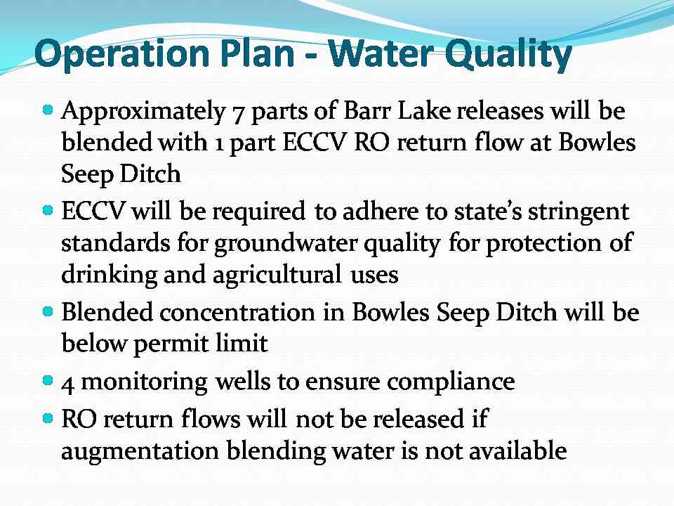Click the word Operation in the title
121,54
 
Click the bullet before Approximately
48,110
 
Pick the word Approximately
143,112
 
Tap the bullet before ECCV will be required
48,211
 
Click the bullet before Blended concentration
48,311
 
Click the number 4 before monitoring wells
67,384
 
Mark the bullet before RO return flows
48,417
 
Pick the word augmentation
140,452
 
